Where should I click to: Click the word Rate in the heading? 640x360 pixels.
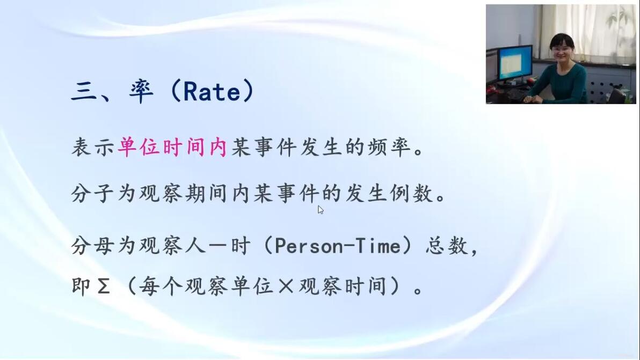212,91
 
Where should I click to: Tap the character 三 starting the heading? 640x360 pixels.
84,91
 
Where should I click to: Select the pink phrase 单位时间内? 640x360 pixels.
172,147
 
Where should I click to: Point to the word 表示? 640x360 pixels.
92,147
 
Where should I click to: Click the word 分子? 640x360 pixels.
92,193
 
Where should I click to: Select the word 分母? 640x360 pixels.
92,246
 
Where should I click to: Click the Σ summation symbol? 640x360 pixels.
104,286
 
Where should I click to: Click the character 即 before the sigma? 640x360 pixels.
81,286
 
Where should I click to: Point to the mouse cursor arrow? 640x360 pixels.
321,210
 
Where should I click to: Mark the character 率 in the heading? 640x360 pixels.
142,91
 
